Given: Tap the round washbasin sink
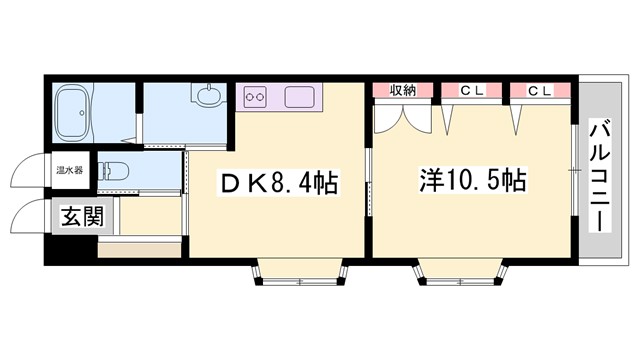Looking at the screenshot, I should coord(208,98).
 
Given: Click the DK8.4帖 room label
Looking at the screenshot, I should coord(279,183).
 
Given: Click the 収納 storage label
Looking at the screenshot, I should coord(403,91).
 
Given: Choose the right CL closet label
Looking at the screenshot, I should coord(540,91).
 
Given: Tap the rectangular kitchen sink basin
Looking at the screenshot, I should coord(300,98).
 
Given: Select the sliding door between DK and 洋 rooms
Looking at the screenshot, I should coord(368,180).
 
